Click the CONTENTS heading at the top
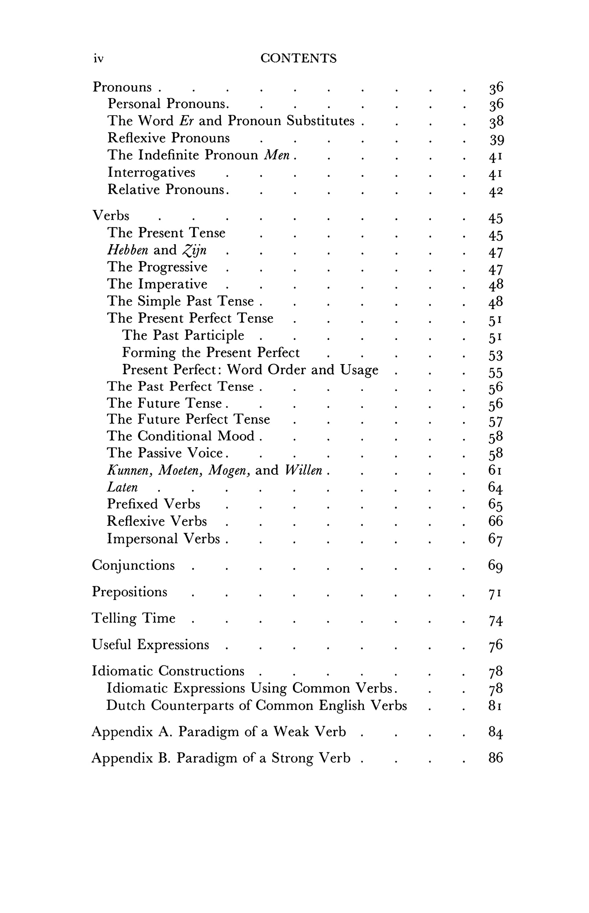pos(298,58)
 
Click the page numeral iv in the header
pos(98,58)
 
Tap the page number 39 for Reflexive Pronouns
pos(496,140)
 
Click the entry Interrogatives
pos(152,172)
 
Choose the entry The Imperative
pos(157,284)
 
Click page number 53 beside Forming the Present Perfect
pos(495,356)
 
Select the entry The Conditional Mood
pos(181,436)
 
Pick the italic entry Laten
pos(122,487)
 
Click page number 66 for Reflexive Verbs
pos(495,521)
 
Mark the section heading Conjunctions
pos(133,565)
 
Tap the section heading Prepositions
pos(130,592)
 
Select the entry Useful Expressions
pos(150,644)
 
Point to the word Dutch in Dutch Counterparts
pos(126,705)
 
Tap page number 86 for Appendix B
pos(495,758)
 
